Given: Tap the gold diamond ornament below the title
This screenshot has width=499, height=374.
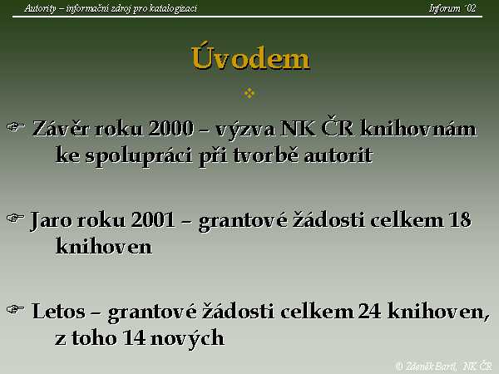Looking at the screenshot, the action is [x=249, y=93].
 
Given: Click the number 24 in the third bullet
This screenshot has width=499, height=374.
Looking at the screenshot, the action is [x=369, y=311].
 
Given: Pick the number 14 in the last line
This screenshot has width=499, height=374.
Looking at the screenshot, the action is [x=134, y=337].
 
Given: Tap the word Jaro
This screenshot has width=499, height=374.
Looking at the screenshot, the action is [x=51, y=220].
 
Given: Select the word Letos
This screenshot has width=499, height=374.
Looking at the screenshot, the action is [x=58, y=311].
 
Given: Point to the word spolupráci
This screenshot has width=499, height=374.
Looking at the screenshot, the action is [x=138, y=157].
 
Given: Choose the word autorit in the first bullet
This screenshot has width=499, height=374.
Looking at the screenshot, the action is [x=338, y=156].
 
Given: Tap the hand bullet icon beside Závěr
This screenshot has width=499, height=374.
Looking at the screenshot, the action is [x=16, y=127].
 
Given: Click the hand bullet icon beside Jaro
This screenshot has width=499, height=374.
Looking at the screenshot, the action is [x=16, y=218].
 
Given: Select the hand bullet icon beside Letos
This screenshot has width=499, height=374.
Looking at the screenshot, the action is [x=16, y=309].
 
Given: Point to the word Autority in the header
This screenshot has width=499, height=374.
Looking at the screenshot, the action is [x=40, y=8].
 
